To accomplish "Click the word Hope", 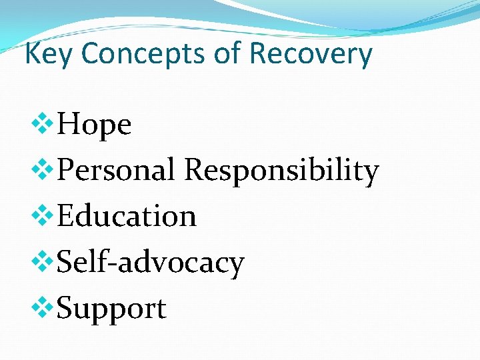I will (94, 125).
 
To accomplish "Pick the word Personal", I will (117, 170).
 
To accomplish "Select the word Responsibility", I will (281, 170).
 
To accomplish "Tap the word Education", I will (127, 216).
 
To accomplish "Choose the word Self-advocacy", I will (151, 262).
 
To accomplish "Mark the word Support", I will (111, 309).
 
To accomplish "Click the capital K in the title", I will (31, 53).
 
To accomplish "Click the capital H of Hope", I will (71, 124).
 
